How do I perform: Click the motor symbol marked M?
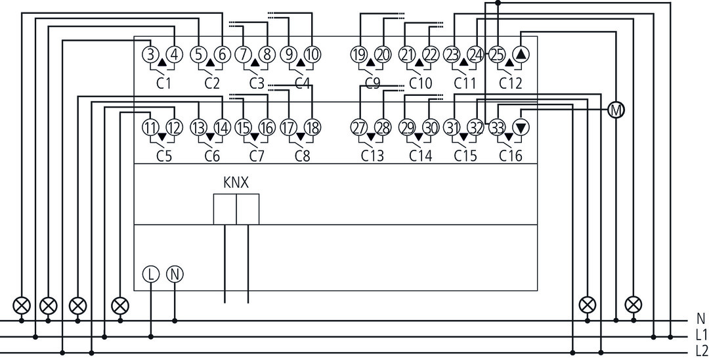(616, 110)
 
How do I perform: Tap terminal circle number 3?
(151, 55)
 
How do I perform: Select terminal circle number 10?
(312, 55)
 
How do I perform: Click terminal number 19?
(359, 55)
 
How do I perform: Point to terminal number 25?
(497, 55)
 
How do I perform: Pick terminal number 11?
(151, 127)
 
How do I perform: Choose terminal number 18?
(312, 127)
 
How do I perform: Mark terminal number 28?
(383, 127)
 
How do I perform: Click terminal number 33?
(497, 127)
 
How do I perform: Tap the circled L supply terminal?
(151, 275)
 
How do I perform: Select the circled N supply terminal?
(175, 275)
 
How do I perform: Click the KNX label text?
(236, 183)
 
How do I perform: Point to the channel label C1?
(163, 83)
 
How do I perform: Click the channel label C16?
(511, 156)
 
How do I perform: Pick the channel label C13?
(372, 156)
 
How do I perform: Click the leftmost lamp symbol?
(21, 305)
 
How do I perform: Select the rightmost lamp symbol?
(634, 304)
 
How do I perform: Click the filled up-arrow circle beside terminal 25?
(521, 55)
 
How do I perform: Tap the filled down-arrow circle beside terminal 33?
(521, 127)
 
